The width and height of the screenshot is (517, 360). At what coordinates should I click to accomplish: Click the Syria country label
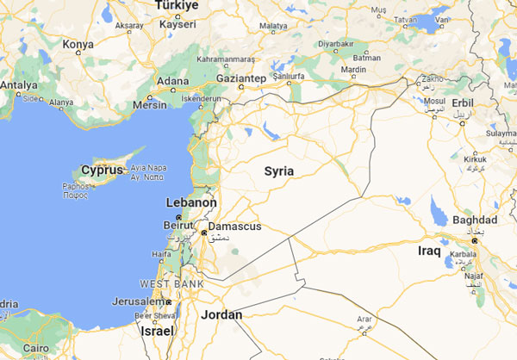click(279, 171)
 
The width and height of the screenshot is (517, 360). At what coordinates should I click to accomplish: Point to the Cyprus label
click(100, 170)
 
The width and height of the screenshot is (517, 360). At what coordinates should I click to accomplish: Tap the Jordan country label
click(221, 314)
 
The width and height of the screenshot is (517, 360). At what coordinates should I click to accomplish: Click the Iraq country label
click(429, 251)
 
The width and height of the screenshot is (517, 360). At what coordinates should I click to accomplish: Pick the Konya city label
click(78, 43)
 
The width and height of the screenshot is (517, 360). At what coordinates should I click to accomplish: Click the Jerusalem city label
click(139, 301)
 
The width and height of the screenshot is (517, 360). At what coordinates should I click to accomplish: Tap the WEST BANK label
click(171, 283)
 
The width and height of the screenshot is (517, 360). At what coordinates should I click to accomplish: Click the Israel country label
click(157, 331)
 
